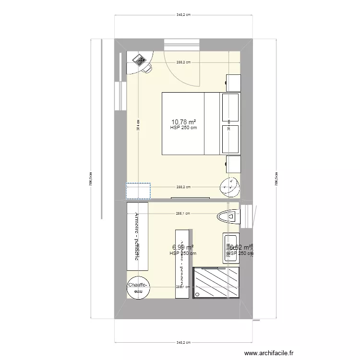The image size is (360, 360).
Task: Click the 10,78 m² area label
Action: tap(183, 122)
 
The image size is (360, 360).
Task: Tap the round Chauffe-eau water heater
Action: tap(138, 288)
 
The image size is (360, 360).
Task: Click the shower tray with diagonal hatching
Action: tap(216, 283)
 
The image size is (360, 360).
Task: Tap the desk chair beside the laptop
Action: tap(147, 69)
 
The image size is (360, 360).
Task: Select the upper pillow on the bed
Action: tap(230, 107)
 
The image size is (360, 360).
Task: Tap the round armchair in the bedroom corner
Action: tap(229, 186)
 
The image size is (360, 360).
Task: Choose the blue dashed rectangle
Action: tap(138, 191)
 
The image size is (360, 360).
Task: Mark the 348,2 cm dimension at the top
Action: tap(183, 15)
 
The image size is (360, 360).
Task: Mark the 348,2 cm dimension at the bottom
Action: tap(183, 343)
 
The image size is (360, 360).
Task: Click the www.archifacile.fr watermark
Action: tap(268, 352)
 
